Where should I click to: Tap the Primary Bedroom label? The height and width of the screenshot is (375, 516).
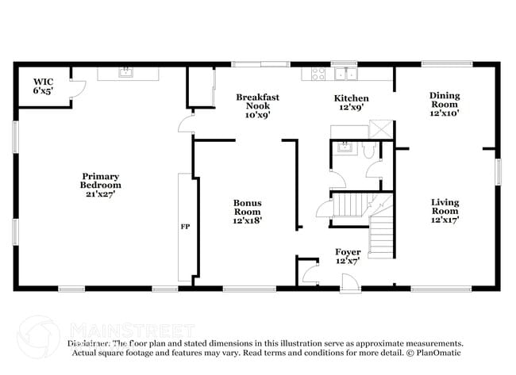(x=102, y=180)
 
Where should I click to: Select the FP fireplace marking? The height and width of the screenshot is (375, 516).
(x=185, y=227)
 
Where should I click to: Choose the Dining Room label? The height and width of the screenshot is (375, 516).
(x=445, y=104)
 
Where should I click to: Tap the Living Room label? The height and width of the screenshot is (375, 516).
(x=445, y=210)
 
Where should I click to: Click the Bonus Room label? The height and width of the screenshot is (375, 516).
(x=247, y=211)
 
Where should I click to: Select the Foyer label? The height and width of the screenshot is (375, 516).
(x=348, y=256)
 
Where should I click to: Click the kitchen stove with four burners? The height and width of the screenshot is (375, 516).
(x=319, y=75)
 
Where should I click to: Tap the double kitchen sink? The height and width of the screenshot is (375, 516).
(x=345, y=75)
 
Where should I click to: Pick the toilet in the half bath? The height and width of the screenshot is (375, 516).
(x=369, y=152)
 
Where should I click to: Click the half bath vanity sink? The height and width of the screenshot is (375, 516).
(x=345, y=146)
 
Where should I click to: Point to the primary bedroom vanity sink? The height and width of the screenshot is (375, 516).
(x=125, y=73)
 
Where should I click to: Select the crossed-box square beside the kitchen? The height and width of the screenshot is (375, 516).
(x=381, y=129)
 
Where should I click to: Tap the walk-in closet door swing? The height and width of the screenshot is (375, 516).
(x=77, y=89)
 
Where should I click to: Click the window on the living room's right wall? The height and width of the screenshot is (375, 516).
(x=499, y=171)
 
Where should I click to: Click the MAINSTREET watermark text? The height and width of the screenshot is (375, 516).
(x=131, y=328)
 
